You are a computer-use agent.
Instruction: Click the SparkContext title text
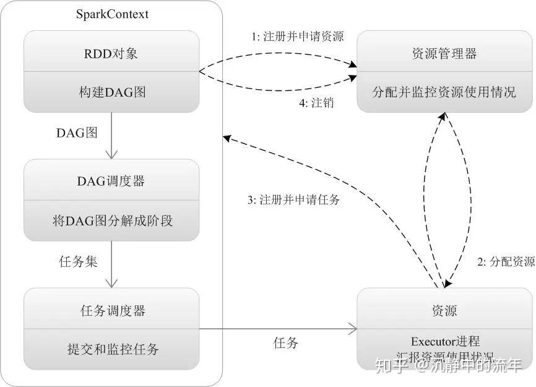click(112, 14)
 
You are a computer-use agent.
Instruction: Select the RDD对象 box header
click(112, 53)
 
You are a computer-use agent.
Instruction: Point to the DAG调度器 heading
click(111, 181)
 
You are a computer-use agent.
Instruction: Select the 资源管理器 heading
click(444, 53)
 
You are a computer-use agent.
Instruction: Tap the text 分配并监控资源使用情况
click(444, 92)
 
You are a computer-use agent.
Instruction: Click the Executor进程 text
click(445, 341)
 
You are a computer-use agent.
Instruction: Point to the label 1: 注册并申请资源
click(297, 37)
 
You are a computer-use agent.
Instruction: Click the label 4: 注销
click(316, 103)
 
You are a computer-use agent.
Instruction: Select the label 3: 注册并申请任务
click(293, 200)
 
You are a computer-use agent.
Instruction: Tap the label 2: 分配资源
click(506, 261)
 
